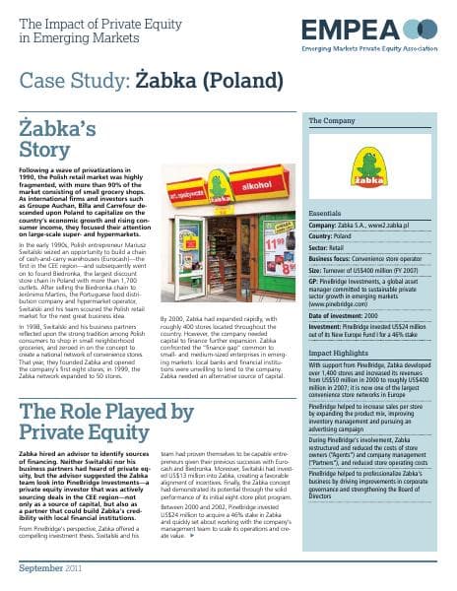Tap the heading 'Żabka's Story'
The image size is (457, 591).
point(59,137)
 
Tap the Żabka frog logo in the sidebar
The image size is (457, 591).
point(368,168)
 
